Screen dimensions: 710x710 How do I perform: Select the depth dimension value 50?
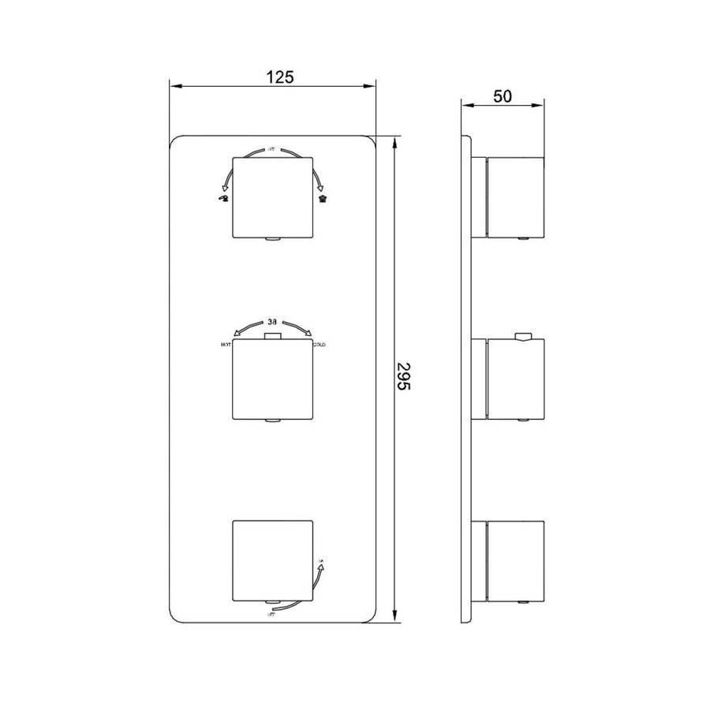pos(503,96)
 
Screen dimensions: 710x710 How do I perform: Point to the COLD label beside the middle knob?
pos(319,346)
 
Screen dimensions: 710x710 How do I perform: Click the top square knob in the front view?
pos(271,196)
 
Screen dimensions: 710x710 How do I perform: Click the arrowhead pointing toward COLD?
pos(308,334)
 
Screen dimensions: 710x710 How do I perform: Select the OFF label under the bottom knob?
pos(271,623)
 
